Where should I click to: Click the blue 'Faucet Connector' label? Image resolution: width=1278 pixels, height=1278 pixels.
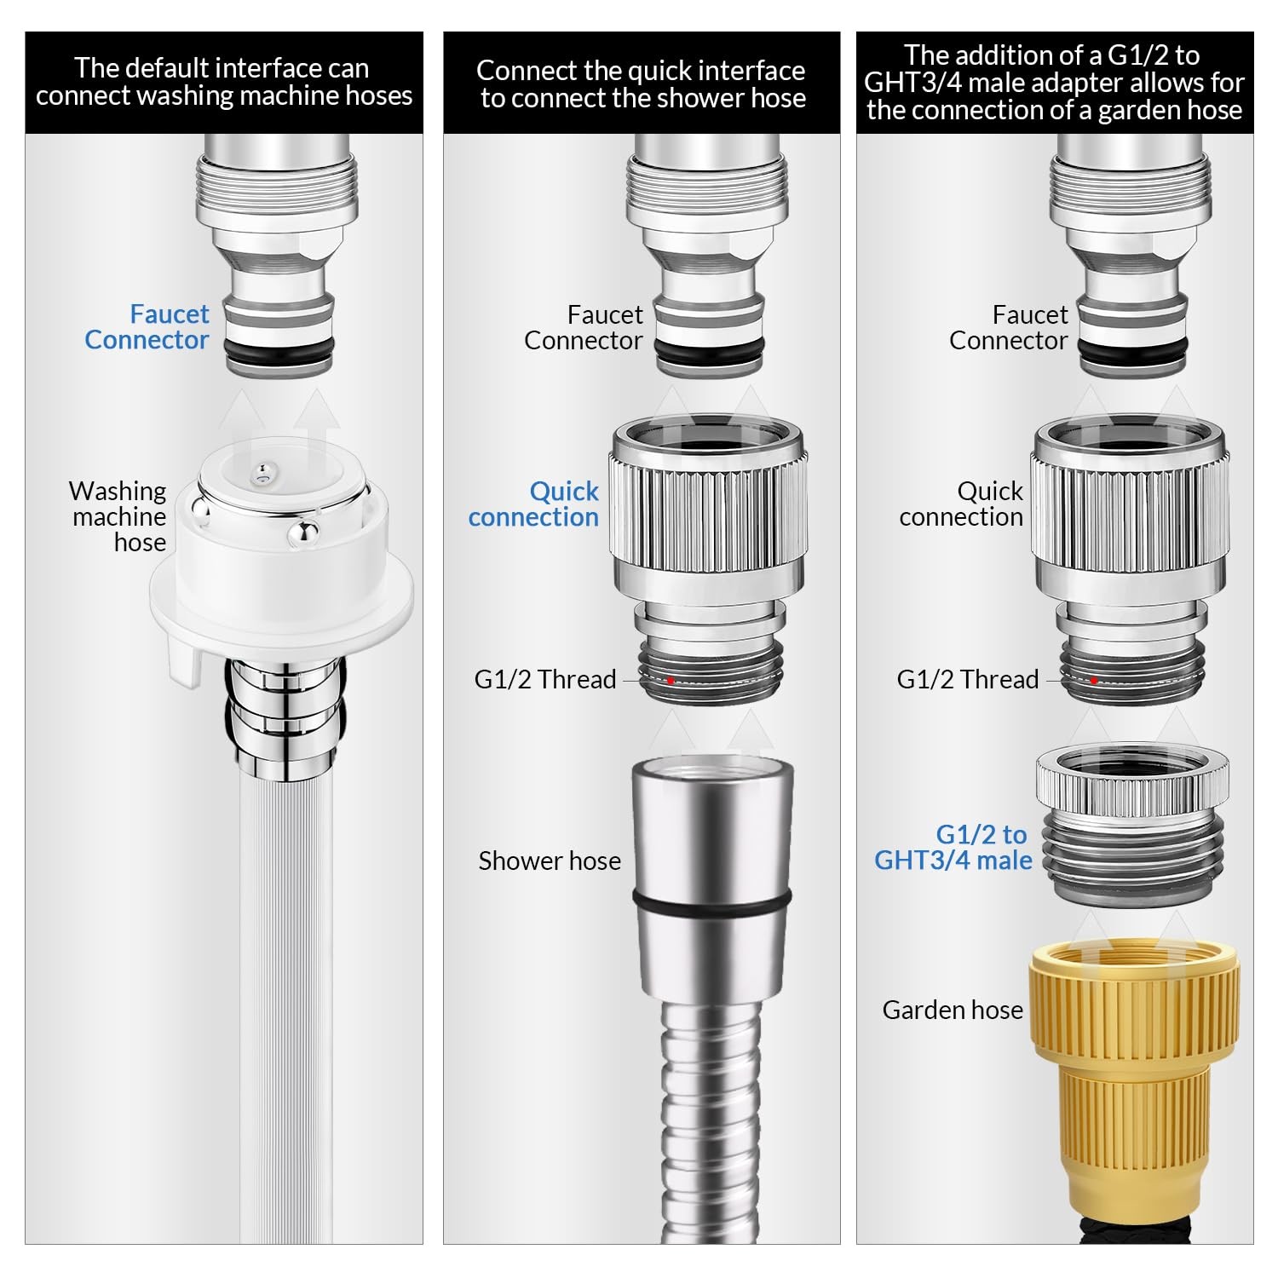coord(147,327)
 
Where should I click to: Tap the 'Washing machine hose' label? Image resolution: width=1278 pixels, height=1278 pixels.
coord(118,516)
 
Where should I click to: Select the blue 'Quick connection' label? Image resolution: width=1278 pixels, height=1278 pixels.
coord(533,504)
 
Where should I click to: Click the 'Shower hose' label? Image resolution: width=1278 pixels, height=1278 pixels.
coord(550,861)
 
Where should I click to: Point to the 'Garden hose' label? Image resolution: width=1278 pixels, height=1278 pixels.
coord(953,1010)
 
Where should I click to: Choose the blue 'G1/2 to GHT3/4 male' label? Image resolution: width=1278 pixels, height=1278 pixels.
coord(953,847)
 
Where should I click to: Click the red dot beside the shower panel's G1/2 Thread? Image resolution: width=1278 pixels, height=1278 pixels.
coord(671,680)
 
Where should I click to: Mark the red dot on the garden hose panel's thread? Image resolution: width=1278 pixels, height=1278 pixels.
coord(1093,680)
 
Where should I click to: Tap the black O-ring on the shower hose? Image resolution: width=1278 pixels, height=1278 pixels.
coord(712,899)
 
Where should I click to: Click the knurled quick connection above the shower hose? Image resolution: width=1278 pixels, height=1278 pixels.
coord(708,559)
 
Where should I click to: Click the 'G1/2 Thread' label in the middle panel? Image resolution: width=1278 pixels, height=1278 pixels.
coord(545,679)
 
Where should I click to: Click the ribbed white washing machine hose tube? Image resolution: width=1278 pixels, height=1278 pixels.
coord(285,1005)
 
